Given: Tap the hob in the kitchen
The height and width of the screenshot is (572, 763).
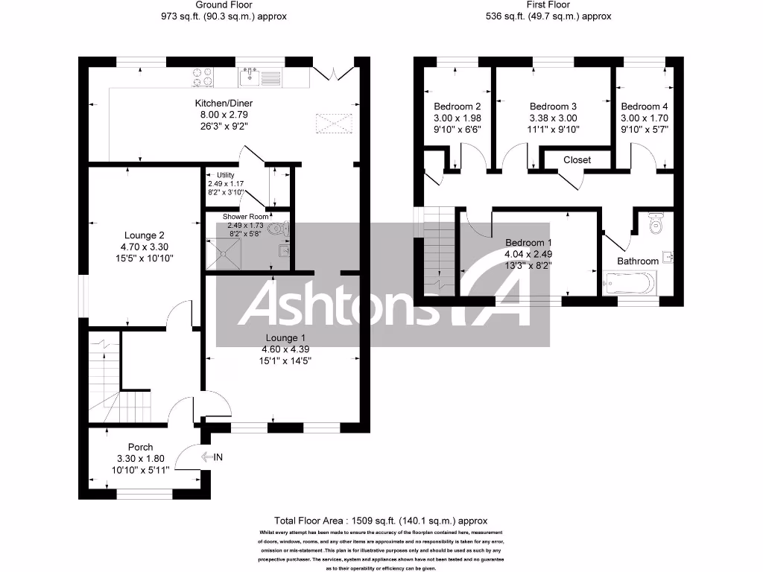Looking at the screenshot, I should point(203,76).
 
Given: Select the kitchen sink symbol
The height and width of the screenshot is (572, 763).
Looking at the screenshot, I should point(249,74).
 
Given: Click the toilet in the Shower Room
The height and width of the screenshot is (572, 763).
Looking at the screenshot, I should point(281,229).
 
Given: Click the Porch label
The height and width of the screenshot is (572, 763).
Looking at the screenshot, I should point(140,448).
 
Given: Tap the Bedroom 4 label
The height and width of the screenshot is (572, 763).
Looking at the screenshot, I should point(644,107).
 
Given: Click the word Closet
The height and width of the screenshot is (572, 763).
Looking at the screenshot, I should point(577,160).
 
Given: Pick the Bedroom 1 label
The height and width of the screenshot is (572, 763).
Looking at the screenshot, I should point(528,243).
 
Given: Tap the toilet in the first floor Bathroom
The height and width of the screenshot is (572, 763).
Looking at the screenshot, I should point(656,223).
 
